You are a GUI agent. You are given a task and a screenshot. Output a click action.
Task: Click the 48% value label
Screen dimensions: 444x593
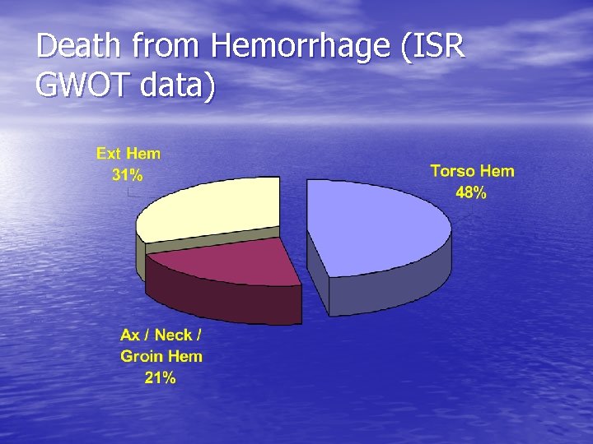[470, 193]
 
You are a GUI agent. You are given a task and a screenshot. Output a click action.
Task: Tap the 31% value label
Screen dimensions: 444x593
[127, 174]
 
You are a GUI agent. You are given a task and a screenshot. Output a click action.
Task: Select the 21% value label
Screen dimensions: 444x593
[160, 378]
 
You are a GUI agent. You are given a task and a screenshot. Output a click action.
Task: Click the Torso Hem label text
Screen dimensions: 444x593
[472, 171]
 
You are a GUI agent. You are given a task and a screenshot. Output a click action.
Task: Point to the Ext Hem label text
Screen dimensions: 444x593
[128, 153]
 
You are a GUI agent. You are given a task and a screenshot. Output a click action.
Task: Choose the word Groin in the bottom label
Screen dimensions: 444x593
[142, 356]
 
